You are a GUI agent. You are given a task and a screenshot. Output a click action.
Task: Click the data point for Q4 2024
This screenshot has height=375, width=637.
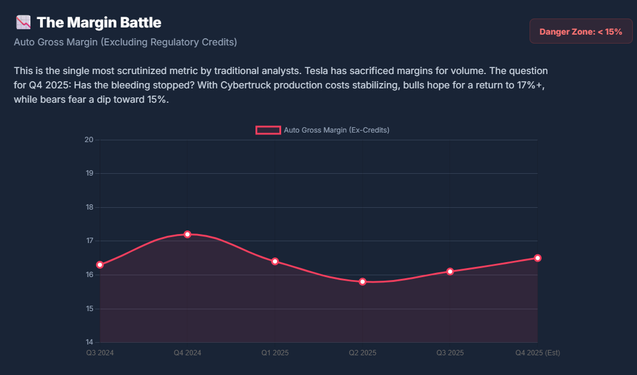coord(187,234)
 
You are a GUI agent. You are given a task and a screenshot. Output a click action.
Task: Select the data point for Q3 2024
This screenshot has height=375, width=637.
coord(100,265)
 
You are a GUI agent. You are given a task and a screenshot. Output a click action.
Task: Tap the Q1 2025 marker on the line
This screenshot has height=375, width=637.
coord(275,261)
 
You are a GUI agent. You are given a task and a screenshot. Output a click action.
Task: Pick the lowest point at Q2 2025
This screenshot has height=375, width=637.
coord(362,281)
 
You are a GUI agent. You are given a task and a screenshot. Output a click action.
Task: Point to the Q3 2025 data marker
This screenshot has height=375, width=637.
coord(450,271)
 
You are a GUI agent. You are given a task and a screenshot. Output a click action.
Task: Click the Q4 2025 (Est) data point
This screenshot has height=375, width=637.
coord(537,258)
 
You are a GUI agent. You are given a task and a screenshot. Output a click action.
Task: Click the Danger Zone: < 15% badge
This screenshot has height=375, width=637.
coord(580,32)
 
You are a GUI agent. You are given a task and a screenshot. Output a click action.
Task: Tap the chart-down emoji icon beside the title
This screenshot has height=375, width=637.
coord(23,23)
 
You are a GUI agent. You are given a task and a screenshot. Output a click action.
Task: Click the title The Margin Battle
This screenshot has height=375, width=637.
coord(99,23)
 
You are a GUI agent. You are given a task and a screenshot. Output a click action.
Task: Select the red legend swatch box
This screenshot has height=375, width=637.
coord(268,130)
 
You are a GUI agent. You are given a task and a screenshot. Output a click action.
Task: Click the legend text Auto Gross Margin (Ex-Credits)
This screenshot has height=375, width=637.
coord(337,130)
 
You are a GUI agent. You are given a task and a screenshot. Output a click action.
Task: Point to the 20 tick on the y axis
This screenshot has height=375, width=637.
coord(90,140)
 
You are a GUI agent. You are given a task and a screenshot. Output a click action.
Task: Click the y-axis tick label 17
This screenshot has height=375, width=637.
coord(90,241)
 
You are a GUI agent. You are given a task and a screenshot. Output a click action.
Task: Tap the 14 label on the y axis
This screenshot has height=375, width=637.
coord(90,342)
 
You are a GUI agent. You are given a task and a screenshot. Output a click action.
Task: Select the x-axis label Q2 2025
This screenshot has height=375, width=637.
coord(362,353)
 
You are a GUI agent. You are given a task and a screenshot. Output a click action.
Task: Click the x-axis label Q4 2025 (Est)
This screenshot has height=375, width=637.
coord(537,353)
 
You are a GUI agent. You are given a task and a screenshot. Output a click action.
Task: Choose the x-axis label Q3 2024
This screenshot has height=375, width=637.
coord(100,353)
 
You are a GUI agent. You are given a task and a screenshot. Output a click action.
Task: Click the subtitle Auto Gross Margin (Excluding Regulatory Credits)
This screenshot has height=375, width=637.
coord(125,42)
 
